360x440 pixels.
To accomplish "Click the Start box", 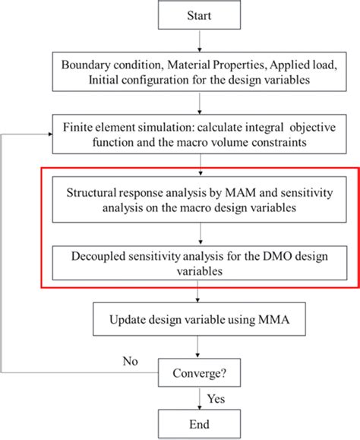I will (199, 14).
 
